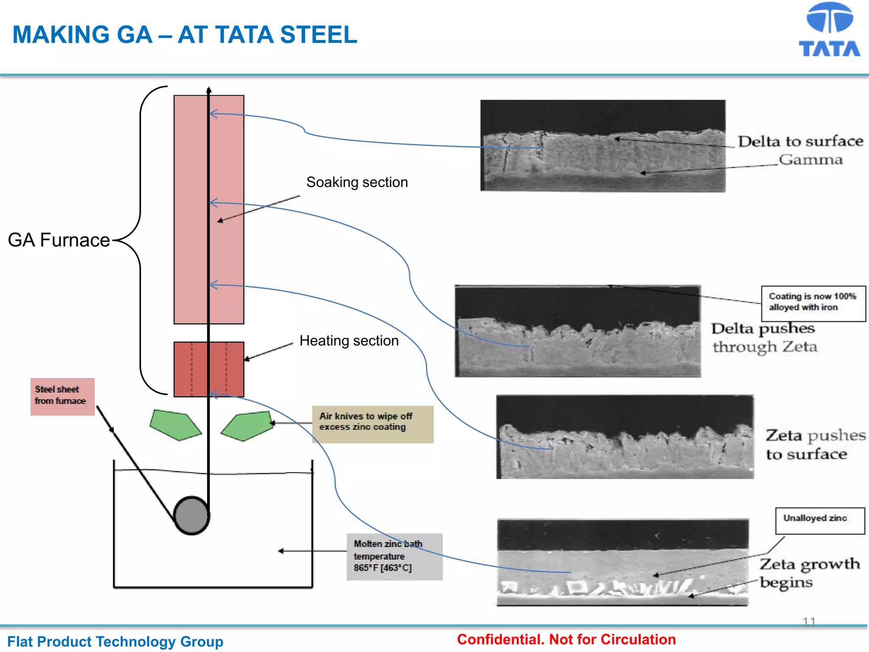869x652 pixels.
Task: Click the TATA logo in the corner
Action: (829, 30)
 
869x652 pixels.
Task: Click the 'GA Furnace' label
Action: (59, 240)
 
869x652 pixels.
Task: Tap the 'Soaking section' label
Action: (357, 182)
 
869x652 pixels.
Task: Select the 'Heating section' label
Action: (349, 341)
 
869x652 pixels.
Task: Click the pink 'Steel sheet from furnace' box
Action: (62, 396)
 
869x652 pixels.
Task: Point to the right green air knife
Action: (248, 426)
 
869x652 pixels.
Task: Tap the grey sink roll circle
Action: (191, 515)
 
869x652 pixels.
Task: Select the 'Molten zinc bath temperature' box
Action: (394, 556)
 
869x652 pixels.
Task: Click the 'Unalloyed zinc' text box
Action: (819, 520)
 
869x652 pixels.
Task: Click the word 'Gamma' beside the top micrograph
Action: (810, 160)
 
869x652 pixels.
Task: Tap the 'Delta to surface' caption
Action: (800, 141)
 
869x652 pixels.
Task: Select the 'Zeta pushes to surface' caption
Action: (815, 444)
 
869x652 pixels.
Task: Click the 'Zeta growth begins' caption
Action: (809, 573)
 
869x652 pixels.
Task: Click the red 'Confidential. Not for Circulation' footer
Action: (566, 639)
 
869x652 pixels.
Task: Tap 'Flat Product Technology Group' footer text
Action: (115, 641)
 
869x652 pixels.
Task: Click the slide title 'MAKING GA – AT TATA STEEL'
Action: (185, 35)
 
